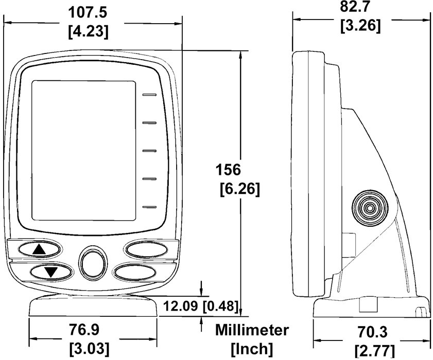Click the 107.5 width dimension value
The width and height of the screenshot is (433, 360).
pos(87,12)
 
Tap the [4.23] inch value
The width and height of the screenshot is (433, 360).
pos(89,32)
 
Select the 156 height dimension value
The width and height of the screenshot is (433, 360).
pos(228,169)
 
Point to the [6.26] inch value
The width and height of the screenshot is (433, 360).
pos(240,189)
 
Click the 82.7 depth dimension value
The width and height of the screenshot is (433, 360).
pos(354,7)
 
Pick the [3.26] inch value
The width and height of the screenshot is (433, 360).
pos(360,26)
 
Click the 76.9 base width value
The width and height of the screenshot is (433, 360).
pos(84,329)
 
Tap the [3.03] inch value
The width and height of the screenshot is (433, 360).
pos(89,349)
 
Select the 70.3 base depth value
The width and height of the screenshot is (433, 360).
pos(373,332)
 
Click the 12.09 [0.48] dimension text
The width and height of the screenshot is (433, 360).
pos(201,306)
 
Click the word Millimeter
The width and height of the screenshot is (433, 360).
pos(252,330)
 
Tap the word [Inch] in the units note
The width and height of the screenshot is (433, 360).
pos(252,349)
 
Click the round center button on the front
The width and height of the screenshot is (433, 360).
pos(93,263)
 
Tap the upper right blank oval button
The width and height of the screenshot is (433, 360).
pos(146,249)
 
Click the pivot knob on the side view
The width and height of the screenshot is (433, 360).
pos(370,208)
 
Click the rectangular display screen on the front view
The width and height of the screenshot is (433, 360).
pos(84,151)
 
